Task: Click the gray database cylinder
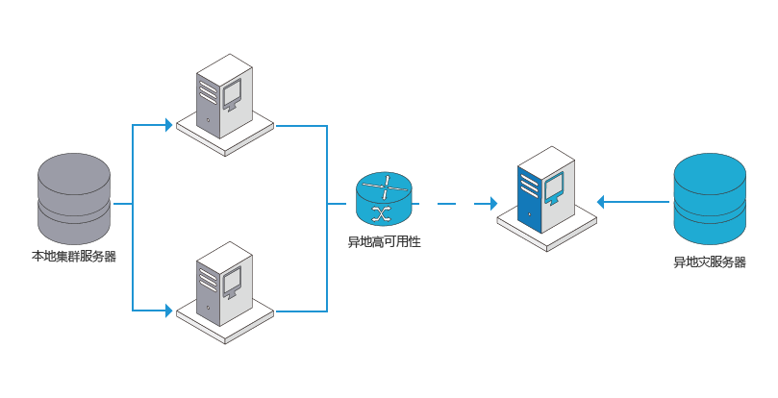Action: pos(74,198)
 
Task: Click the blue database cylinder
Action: pos(710,198)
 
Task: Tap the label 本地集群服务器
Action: pos(74,257)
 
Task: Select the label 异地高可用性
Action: pos(384,242)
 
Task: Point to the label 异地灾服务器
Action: pos(710,262)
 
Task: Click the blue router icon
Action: pos(384,199)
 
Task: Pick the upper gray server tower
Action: pos(224,96)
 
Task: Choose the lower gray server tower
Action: pos(224,284)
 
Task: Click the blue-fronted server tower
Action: pos(546,190)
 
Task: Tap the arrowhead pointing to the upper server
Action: pos(168,125)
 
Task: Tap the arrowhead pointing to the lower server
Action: pos(168,311)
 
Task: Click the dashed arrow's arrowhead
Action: pos(493,203)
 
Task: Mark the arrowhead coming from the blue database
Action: pos(600,202)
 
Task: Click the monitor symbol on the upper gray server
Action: pos(231,94)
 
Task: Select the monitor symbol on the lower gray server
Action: pos(231,282)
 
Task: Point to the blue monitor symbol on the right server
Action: pos(554,188)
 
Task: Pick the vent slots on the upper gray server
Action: pos(209,92)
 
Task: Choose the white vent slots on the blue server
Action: pos(530,186)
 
